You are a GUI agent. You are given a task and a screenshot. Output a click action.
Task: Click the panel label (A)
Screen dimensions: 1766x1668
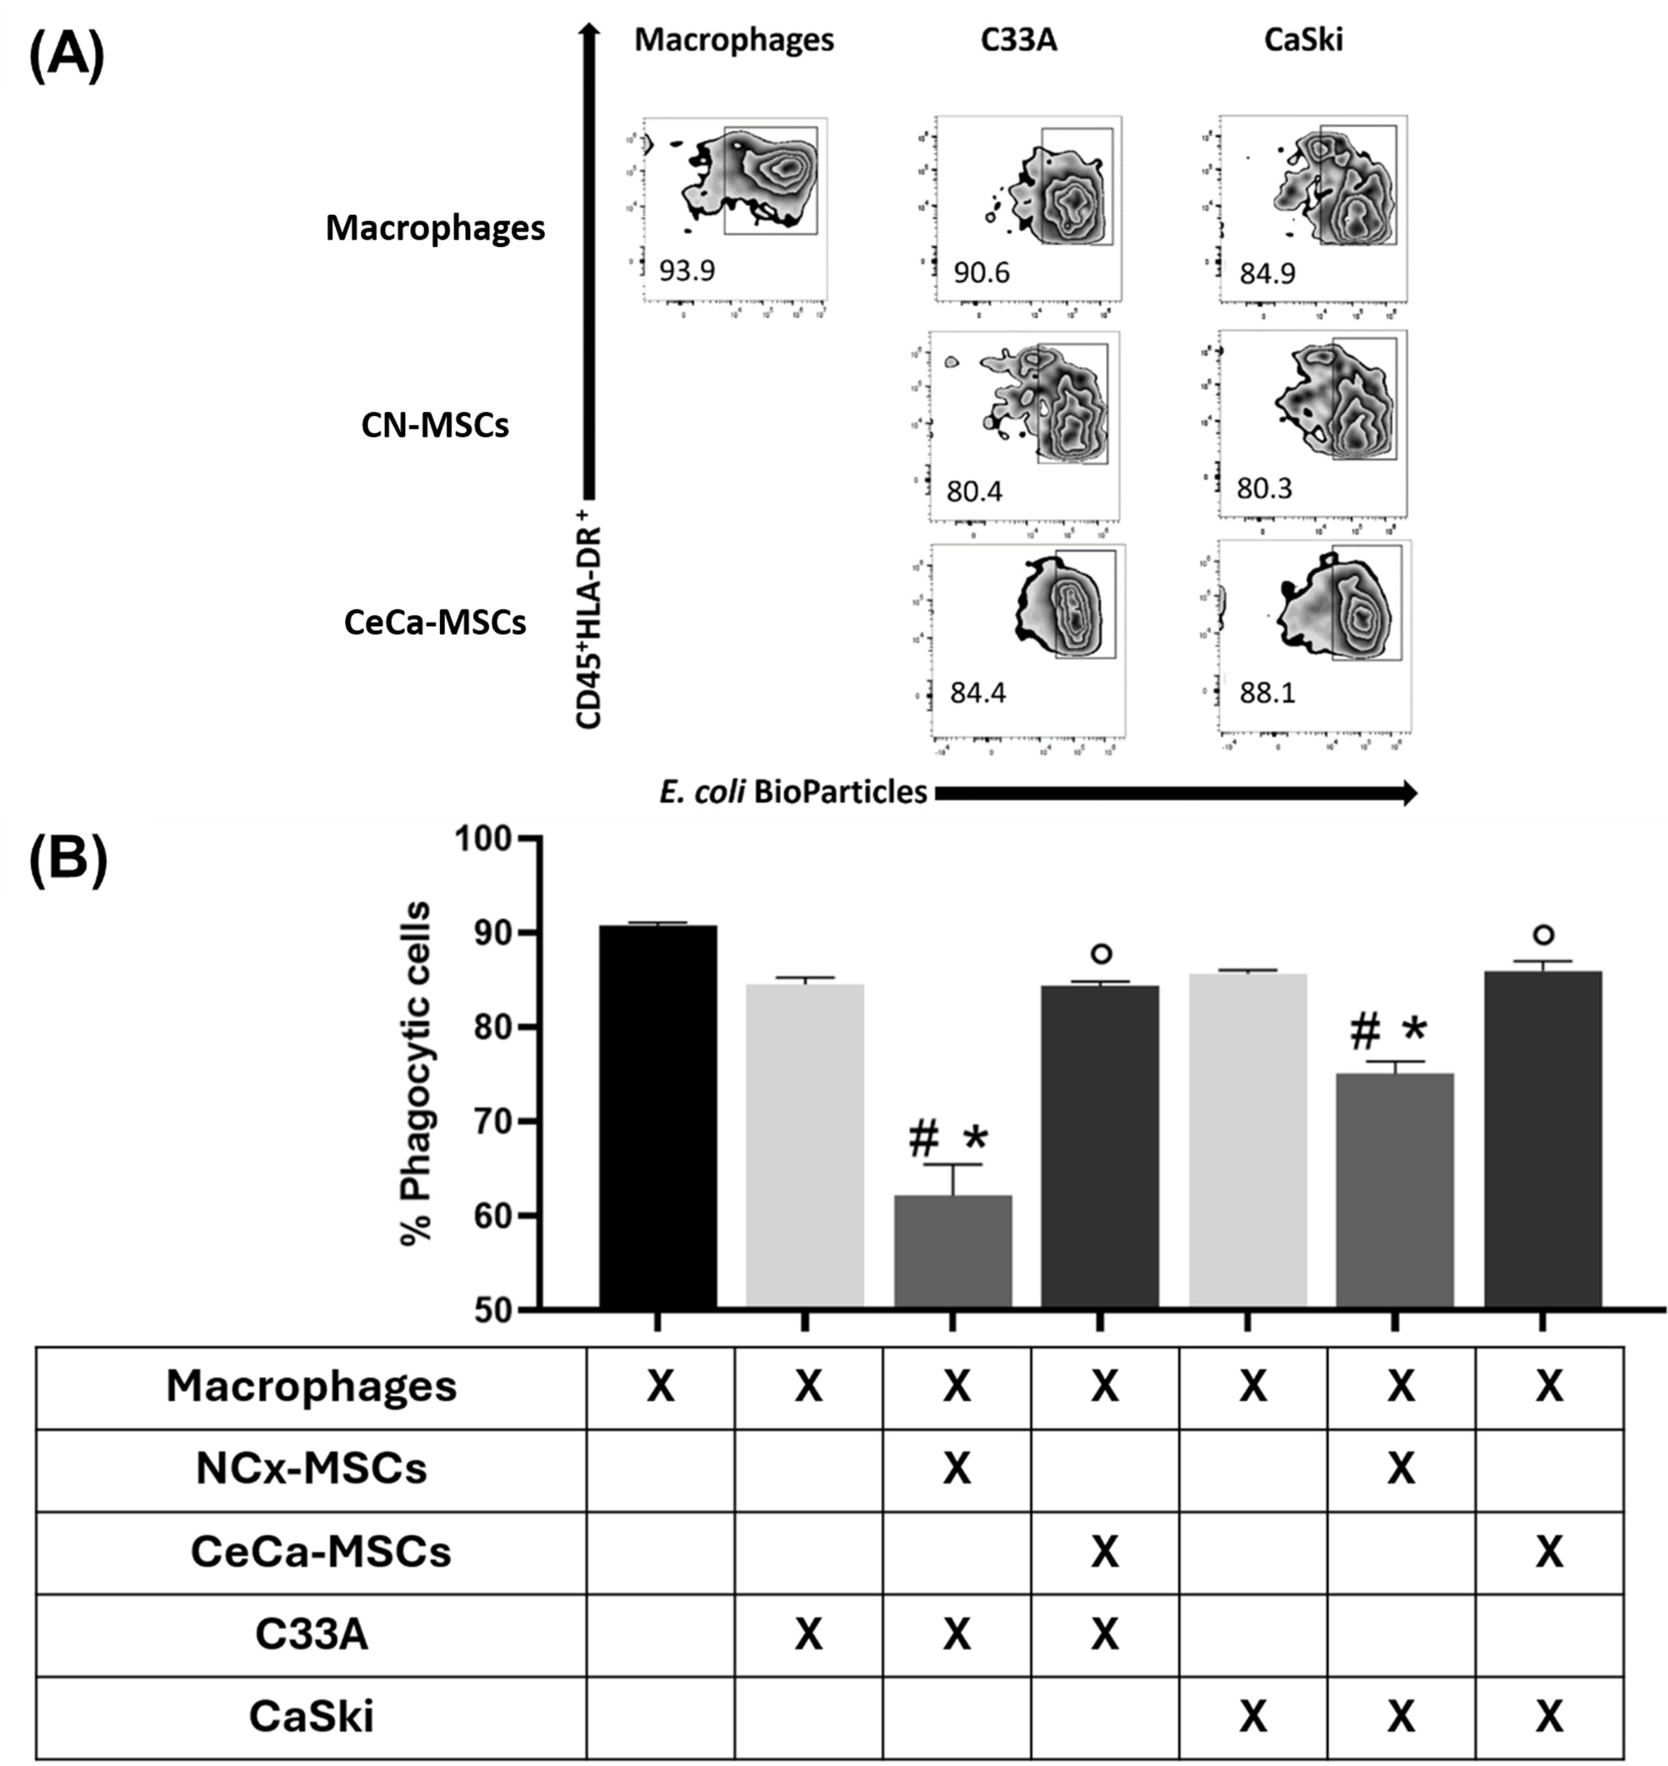point(67,55)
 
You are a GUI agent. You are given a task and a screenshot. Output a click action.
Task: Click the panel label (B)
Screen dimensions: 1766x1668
point(68,861)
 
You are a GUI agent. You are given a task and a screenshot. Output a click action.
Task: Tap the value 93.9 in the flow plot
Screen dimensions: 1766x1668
point(686,269)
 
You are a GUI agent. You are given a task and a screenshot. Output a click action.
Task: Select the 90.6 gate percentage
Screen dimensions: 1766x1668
point(982,272)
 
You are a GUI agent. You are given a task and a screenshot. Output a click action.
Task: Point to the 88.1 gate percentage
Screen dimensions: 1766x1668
point(1267,693)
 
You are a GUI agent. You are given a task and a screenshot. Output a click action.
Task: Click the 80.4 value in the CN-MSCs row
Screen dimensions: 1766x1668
point(974,491)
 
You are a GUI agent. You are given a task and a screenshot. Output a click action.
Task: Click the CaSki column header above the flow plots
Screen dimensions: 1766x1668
point(1303,40)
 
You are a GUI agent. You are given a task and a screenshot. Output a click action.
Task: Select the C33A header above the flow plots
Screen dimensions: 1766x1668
point(1019,40)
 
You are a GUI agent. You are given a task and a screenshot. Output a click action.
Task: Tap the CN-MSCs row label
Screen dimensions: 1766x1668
point(435,426)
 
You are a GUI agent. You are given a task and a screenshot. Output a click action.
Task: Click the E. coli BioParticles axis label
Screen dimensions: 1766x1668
point(793,792)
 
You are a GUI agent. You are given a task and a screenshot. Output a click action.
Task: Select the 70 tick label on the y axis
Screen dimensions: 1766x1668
point(492,1121)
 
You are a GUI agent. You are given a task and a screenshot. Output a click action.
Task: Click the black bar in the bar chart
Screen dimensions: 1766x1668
point(658,1116)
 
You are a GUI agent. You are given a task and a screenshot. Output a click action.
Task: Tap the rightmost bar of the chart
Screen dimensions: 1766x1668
point(1543,1138)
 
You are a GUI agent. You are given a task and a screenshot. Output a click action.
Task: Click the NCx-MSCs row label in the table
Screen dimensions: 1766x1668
point(311,1468)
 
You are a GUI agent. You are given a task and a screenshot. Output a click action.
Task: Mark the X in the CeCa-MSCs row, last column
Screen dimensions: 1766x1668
point(1549,1552)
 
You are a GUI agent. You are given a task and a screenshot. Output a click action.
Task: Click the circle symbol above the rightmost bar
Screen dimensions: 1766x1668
point(1544,935)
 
